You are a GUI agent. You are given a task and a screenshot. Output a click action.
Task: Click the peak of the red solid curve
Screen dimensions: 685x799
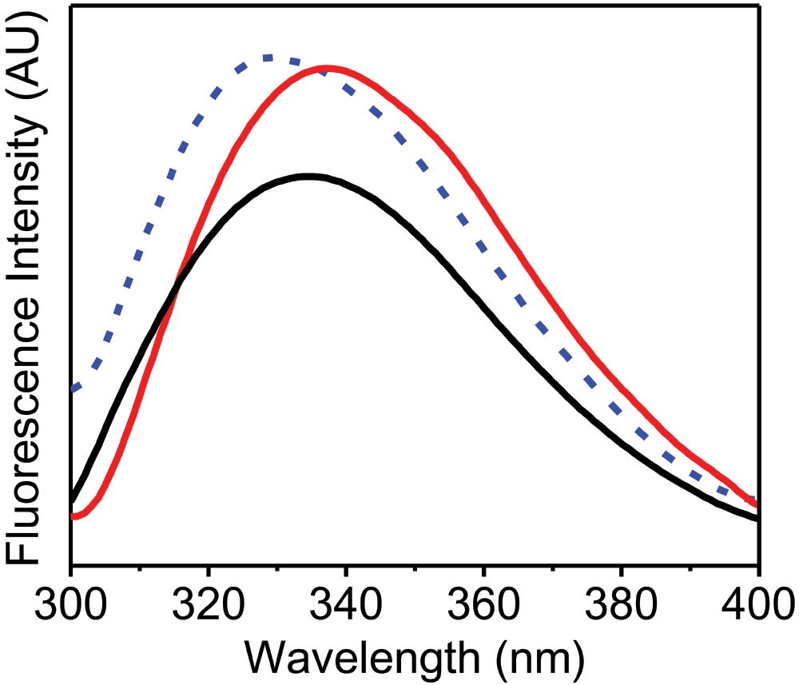(326, 68)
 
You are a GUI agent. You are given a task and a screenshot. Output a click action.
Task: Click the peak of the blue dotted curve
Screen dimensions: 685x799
(268, 58)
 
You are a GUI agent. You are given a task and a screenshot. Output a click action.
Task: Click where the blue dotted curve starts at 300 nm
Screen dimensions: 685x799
(74, 390)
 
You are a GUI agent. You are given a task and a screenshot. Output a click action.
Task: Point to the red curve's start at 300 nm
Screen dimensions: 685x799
(74, 516)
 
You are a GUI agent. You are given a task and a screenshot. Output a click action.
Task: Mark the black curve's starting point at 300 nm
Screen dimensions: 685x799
(74, 500)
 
